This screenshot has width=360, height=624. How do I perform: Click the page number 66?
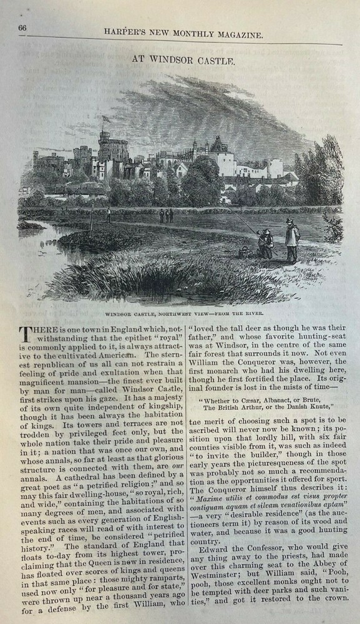[x=22, y=27]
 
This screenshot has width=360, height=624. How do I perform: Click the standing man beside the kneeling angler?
[x=291, y=240]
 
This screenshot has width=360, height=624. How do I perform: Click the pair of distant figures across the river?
[x=165, y=215]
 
